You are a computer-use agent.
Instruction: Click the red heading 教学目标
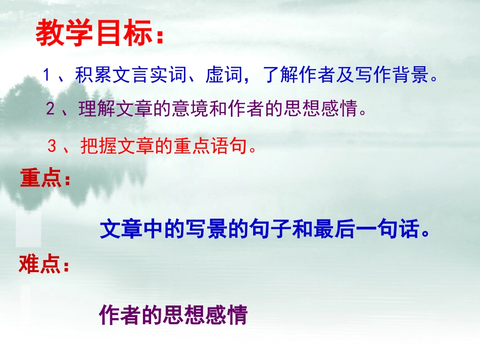[93, 34]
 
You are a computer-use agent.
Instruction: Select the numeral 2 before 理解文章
[50, 109]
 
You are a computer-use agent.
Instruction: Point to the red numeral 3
[52, 146]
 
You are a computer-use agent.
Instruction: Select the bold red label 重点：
[45, 179]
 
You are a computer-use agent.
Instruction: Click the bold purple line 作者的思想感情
[173, 315]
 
